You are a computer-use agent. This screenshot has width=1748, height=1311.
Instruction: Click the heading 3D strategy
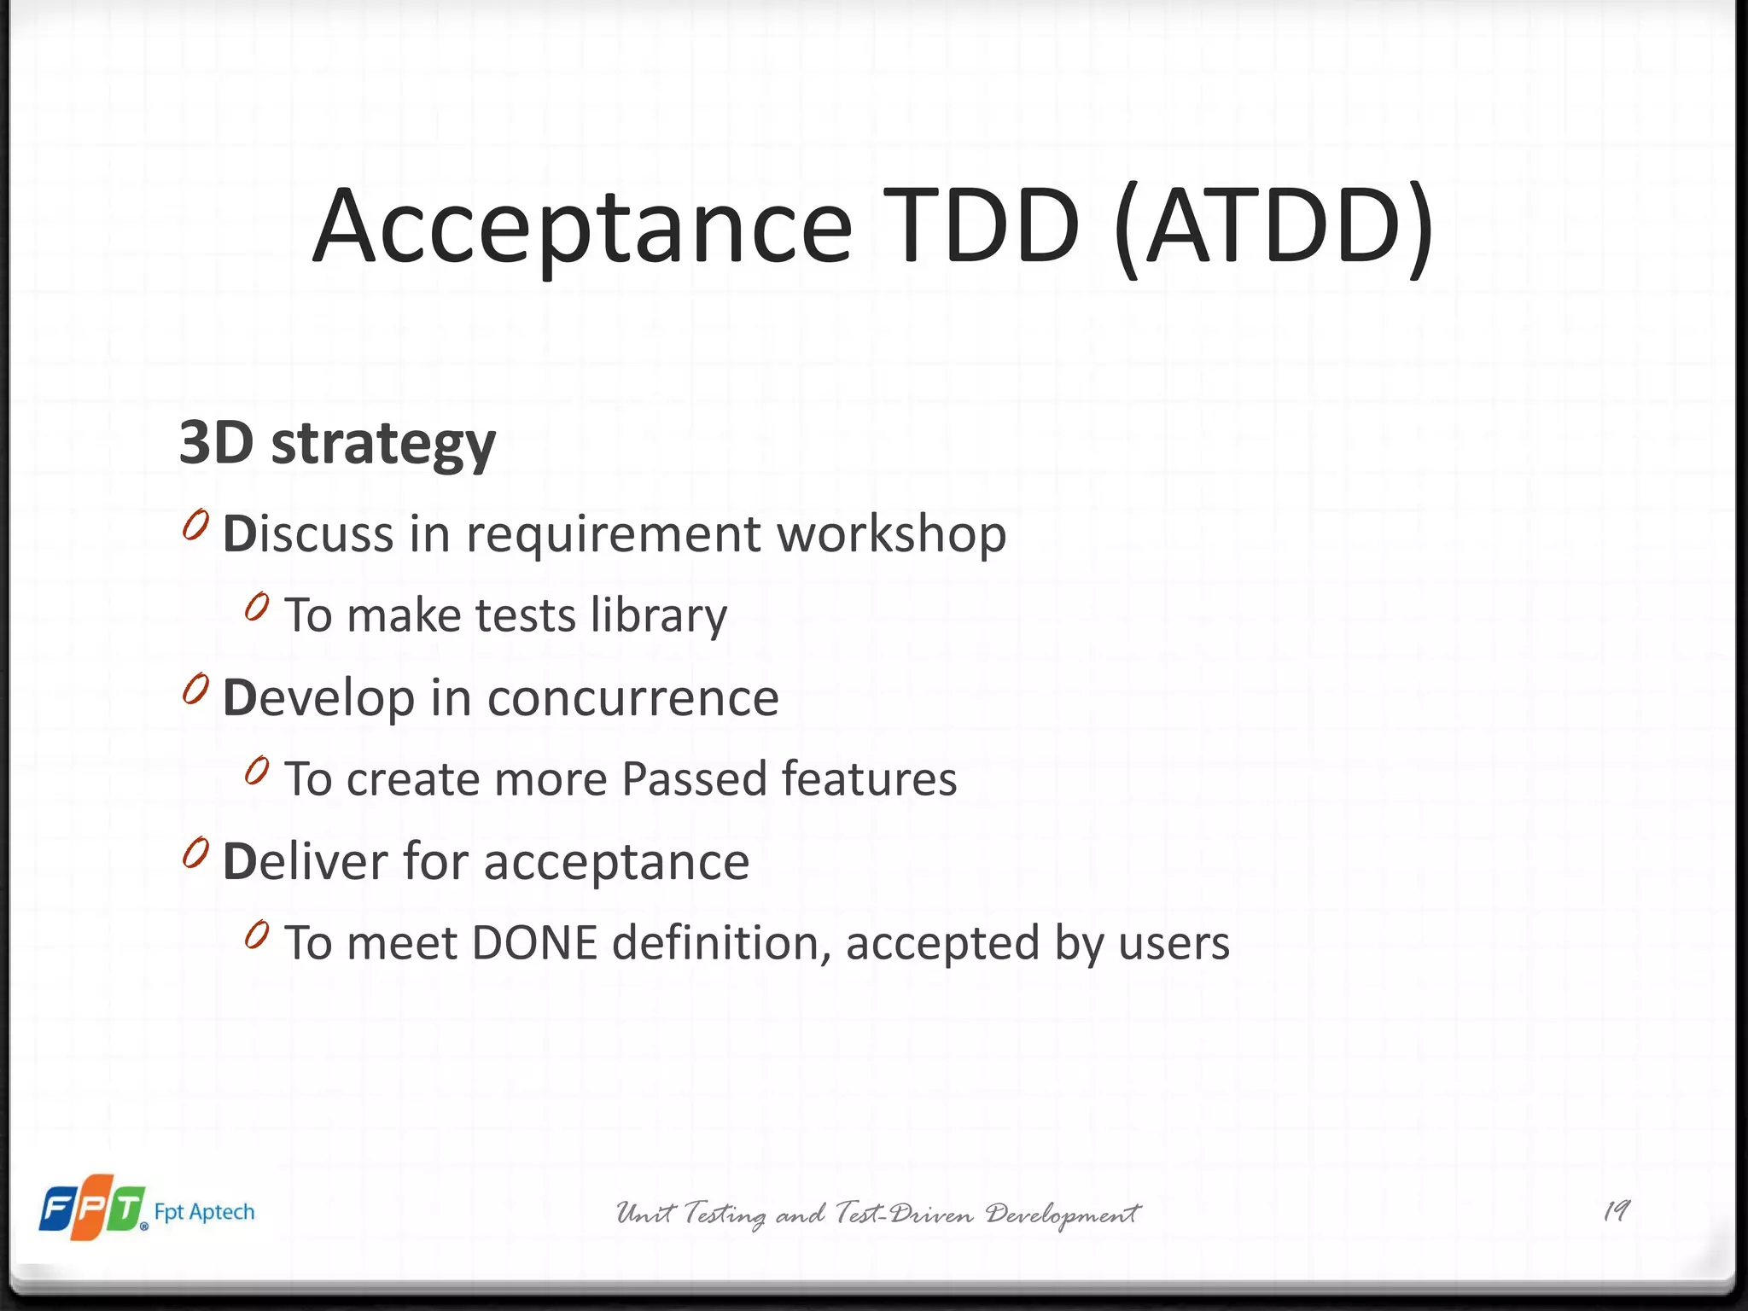coord(337,444)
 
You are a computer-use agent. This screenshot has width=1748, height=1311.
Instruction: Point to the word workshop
coord(891,535)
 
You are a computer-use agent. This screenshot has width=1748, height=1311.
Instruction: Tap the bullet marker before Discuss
coord(195,525)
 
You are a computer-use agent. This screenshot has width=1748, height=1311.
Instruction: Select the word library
coord(659,616)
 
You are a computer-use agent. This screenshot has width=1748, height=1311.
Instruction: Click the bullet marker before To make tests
coord(257,607)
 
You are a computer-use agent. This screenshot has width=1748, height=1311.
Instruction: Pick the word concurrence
coord(632,698)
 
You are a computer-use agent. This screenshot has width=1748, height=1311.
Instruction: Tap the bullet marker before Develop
coord(195,689)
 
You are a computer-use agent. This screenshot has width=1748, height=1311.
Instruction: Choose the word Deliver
coord(306,861)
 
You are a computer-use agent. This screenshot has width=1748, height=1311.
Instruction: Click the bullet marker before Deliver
coord(195,853)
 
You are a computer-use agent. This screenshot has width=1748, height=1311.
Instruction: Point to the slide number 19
coord(1617,1211)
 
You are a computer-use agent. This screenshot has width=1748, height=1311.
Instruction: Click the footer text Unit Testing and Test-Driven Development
coord(878,1214)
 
